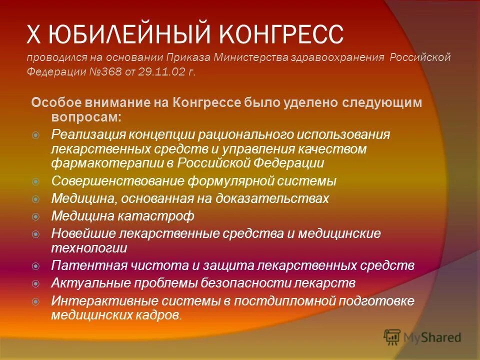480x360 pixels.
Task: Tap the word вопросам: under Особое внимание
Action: tap(85, 116)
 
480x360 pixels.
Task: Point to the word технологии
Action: tap(89, 247)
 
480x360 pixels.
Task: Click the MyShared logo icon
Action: tap(392, 337)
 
